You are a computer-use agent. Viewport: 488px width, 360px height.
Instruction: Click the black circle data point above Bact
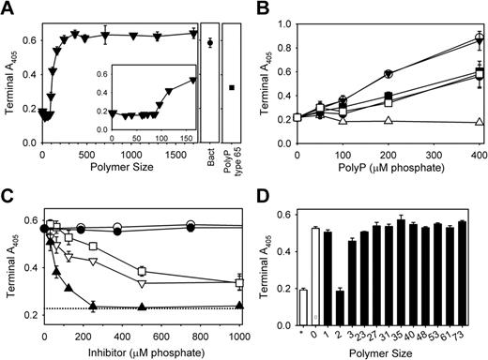click(x=210, y=42)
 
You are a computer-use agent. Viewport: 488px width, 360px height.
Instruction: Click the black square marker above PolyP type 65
click(x=231, y=87)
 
